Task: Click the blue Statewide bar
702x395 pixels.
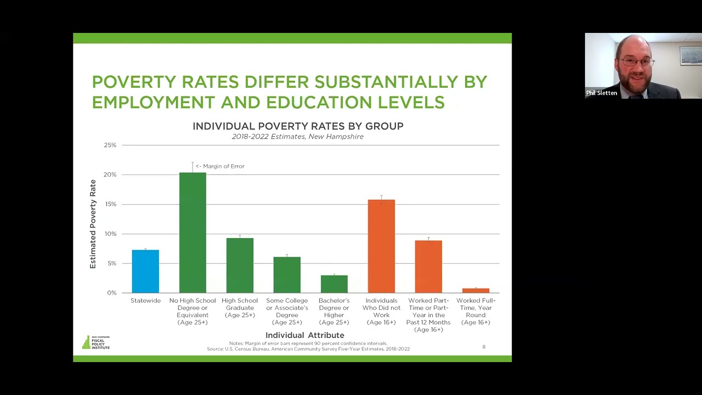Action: pos(145,272)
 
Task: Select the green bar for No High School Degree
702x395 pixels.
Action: pos(193,233)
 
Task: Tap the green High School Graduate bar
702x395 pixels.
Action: pos(240,266)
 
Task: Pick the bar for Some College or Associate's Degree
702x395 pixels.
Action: pos(287,275)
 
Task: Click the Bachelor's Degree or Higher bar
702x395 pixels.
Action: pos(334,284)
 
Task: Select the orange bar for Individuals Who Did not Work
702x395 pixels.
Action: pos(381,246)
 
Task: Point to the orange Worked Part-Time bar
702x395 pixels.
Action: pos(428,267)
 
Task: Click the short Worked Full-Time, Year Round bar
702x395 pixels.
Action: pos(475,290)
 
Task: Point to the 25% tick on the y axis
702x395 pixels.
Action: pos(110,145)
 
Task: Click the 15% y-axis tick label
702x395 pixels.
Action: pos(110,204)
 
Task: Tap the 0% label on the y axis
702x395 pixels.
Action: pos(112,293)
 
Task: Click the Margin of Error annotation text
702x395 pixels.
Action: pos(220,166)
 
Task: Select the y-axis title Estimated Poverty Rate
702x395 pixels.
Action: pos(93,224)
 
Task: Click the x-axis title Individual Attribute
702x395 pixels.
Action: pos(304,335)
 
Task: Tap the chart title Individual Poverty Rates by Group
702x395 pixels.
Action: pos(298,126)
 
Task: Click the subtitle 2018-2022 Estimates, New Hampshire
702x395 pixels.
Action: pos(297,137)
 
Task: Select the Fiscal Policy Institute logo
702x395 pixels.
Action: pos(96,342)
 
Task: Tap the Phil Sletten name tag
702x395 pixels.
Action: pos(601,93)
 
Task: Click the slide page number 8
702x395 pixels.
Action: pos(484,347)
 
